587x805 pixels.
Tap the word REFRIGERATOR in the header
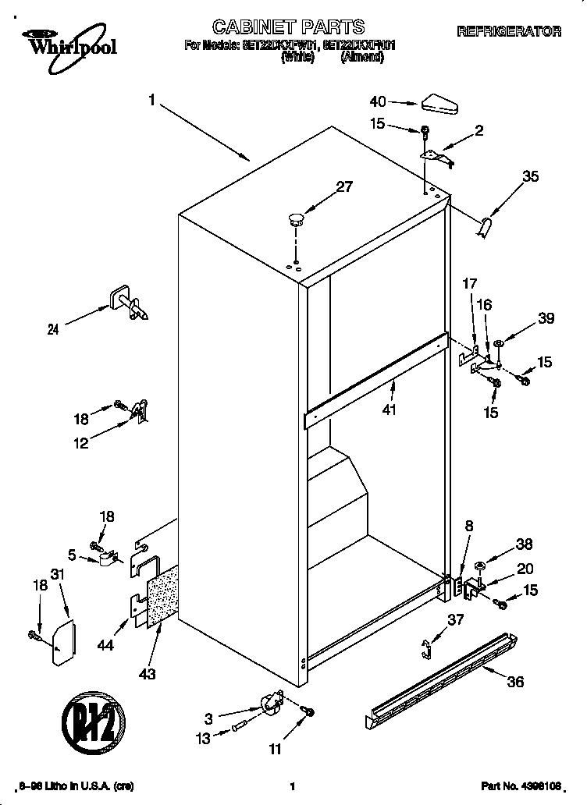click(508, 32)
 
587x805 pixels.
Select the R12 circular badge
click(93, 718)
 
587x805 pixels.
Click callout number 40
click(378, 101)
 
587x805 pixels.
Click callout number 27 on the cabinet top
click(344, 186)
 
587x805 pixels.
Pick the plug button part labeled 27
click(295, 218)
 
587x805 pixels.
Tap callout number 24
click(53, 330)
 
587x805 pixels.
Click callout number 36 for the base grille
click(515, 682)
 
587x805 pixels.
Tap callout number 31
click(55, 575)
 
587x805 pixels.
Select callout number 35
click(530, 177)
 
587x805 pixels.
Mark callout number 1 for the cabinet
click(152, 100)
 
